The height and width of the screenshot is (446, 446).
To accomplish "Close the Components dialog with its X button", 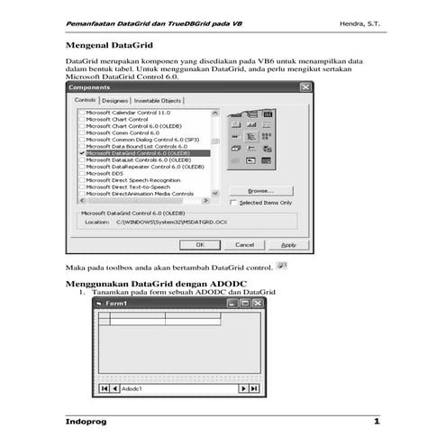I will click(305, 87).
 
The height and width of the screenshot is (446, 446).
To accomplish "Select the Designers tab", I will click(114, 101).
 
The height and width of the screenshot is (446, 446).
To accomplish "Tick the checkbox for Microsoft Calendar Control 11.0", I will click(83, 113).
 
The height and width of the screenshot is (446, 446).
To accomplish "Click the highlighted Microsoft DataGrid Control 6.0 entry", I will click(144, 153).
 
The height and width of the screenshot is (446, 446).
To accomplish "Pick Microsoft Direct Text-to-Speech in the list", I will click(136, 187).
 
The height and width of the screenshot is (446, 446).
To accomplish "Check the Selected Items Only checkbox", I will click(233, 203).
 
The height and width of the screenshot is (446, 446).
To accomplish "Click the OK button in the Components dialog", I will click(200, 244).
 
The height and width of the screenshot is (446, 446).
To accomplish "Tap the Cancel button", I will click(244, 244).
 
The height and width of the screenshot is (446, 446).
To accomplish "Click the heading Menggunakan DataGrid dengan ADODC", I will click(143, 284).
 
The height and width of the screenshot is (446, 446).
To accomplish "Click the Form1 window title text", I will click(117, 304).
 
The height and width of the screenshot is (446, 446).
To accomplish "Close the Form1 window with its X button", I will click(258, 305).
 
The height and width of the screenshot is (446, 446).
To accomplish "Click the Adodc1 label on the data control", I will click(135, 387).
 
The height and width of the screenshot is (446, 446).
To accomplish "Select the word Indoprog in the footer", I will click(91, 422).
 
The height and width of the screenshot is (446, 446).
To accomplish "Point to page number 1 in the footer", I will click(377, 422).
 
